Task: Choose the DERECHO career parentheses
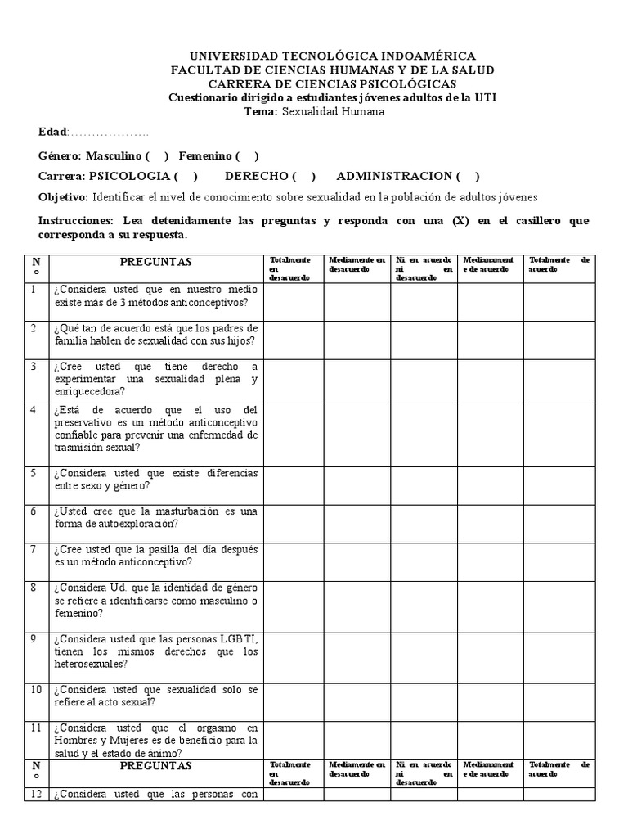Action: pyautogui.click(x=303, y=176)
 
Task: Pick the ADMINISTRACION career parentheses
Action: pyautogui.click(x=468, y=176)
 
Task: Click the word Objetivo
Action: pyautogui.click(x=63, y=197)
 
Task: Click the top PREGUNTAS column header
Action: pyautogui.click(x=155, y=262)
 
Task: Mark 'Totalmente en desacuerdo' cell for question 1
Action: pyautogui.click(x=293, y=301)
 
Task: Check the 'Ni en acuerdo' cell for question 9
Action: pyautogui.click(x=423, y=651)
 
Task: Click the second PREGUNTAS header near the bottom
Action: pyautogui.click(x=155, y=766)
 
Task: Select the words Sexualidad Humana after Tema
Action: pyautogui.click(x=332, y=111)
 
